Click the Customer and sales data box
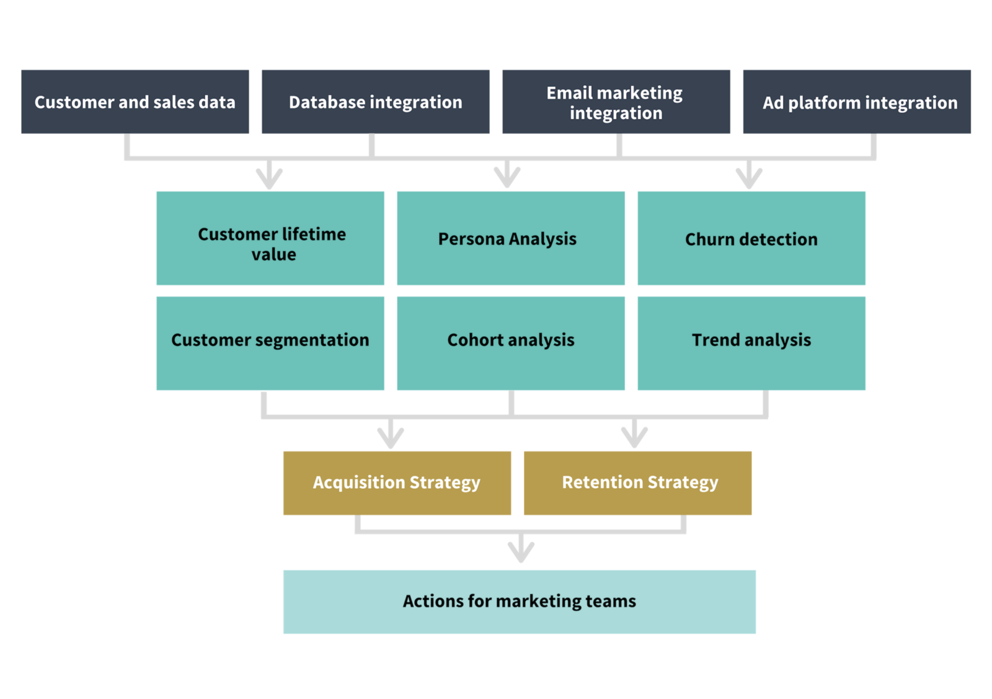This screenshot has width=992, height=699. (135, 102)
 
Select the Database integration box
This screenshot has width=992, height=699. (375, 102)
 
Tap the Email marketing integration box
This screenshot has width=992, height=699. (616, 102)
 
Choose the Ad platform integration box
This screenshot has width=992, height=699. (856, 102)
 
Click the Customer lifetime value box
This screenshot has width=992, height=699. (270, 238)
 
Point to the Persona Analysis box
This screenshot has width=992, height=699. (510, 238)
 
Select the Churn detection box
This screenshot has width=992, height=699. (751, 238)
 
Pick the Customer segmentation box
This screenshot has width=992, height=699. (270, 343)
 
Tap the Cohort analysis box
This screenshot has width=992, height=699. (510, 343)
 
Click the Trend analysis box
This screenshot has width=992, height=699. (751, 343)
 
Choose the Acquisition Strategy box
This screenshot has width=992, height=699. (397, 483)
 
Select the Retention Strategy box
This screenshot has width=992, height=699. (637, 483)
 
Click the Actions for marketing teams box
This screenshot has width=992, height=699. (519, 602)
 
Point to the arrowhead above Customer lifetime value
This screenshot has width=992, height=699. (270, 179)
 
